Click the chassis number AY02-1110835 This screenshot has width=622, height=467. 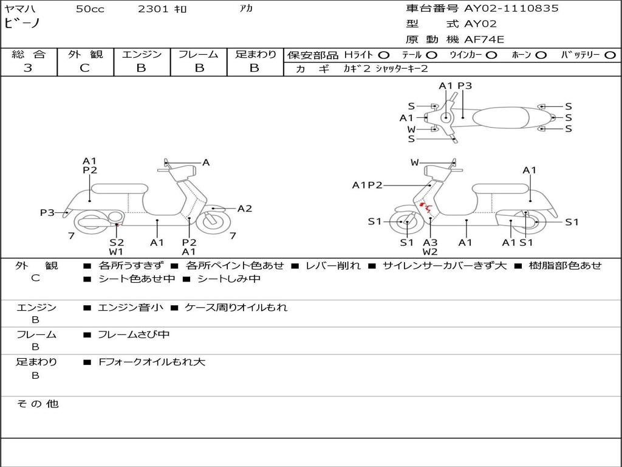click(511, 9)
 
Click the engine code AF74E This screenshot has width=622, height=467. click(484, 40)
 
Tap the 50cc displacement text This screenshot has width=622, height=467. click(90, 9)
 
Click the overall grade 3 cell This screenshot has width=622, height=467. click(28, 68)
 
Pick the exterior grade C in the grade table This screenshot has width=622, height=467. click(84, 68)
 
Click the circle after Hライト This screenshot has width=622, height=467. click(384, 55)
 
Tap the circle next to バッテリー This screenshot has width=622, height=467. click(610, 55)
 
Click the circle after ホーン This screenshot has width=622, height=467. click(541, 55)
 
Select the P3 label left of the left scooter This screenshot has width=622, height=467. click(47, 212)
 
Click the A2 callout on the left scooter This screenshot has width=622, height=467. click(244, 209)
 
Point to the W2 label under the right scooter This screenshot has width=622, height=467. click(430, 252)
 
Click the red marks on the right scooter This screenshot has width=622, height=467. click(426, 208)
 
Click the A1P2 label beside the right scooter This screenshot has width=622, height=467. click(367, 185)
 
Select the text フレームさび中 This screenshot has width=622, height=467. click(134, 334)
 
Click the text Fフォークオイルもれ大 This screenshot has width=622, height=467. click(152, 362)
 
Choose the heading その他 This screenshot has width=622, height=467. click(37, 404)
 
